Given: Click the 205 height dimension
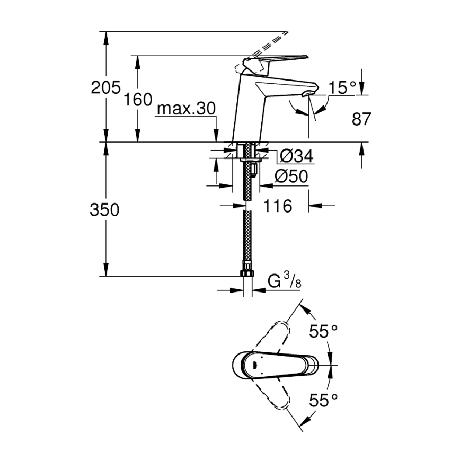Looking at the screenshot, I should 106,87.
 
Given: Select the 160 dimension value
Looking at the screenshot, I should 139,99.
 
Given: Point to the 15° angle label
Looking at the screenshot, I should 341,87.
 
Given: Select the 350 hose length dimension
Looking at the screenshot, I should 104,210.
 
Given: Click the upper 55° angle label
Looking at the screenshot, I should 323,332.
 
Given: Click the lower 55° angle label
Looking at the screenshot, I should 323,399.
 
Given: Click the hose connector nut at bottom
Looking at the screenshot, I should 246,273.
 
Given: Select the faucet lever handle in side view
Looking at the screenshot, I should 276,60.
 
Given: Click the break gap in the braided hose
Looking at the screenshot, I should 246,206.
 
